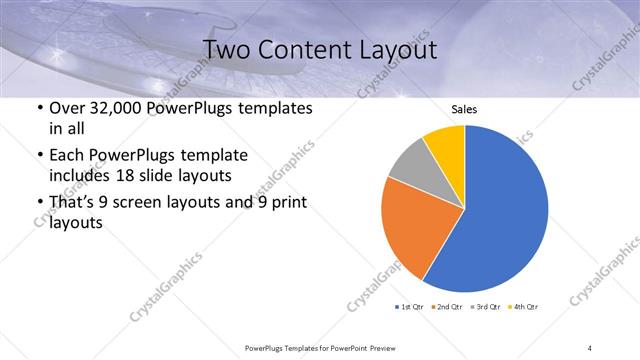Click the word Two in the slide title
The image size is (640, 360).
point(225,50)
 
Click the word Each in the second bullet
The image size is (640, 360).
point(66,155)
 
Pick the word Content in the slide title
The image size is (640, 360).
point(302,50)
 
